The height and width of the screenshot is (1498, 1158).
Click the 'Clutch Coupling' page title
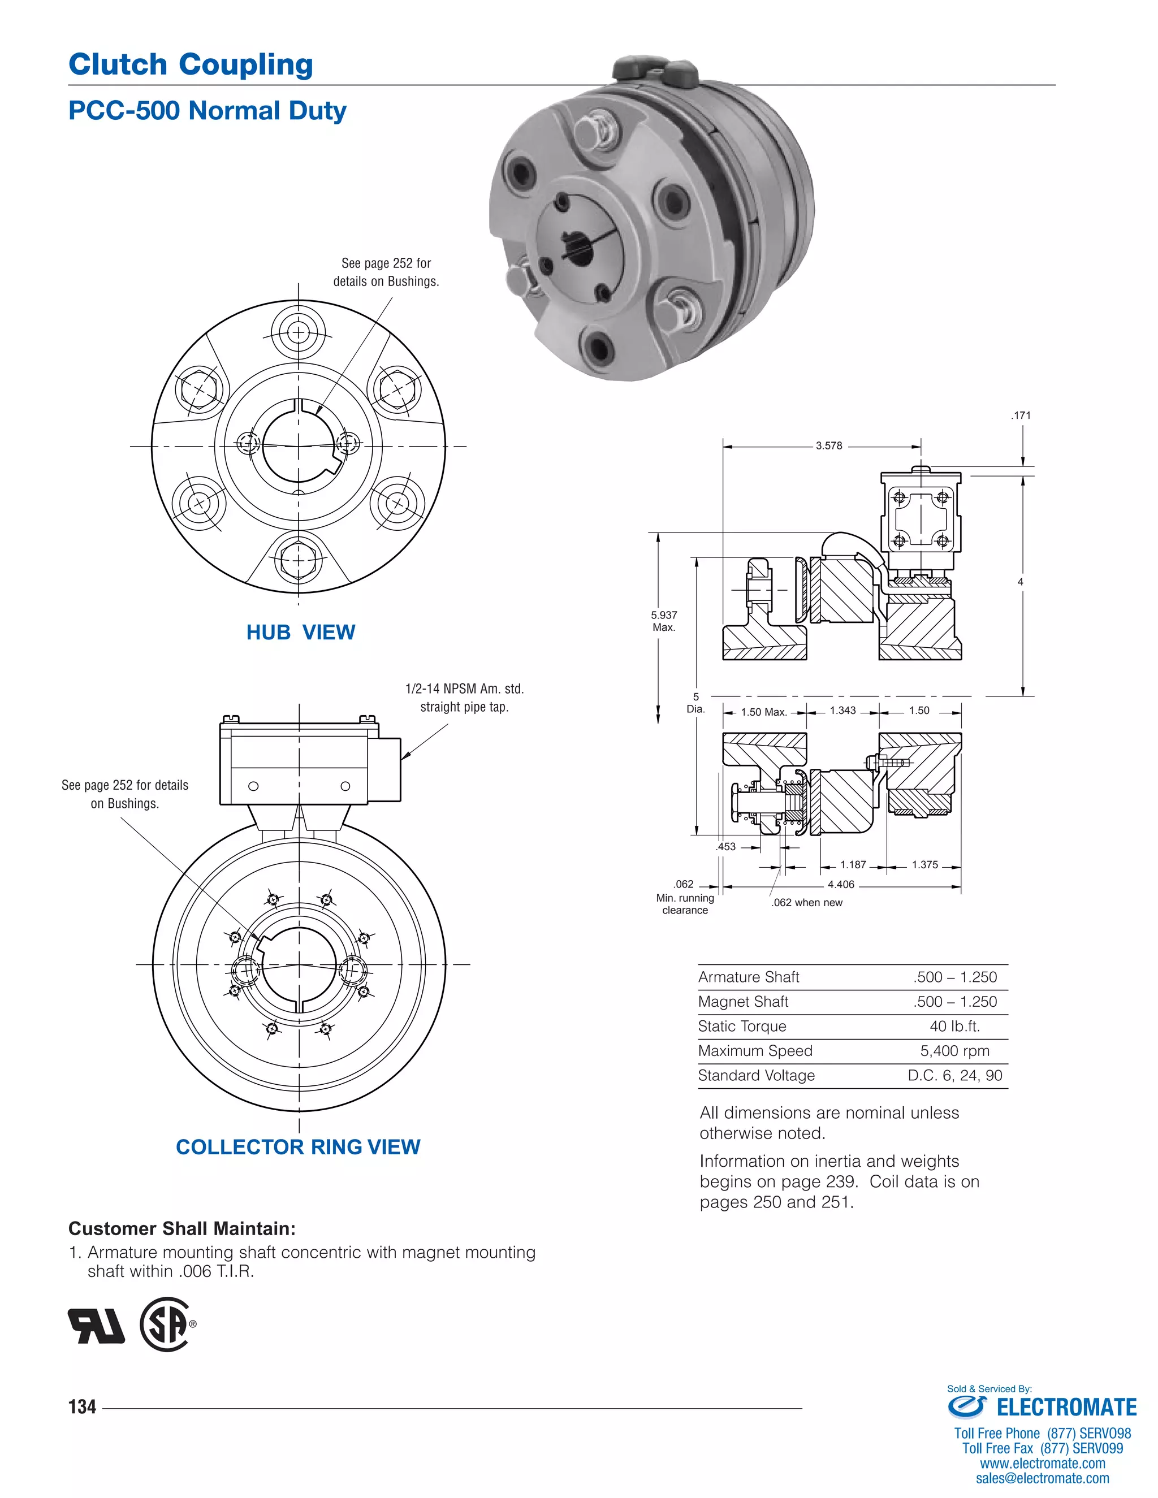tap(191, 64)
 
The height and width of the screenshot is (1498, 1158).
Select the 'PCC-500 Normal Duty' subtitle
tap(207, 110)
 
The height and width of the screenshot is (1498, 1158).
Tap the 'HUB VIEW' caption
tap(300, 632)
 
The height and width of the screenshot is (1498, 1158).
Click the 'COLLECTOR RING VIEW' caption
tap(298, 1147)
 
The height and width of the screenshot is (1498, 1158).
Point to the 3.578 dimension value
tap(829, 446)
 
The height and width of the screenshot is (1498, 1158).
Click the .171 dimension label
tap(1021, 415)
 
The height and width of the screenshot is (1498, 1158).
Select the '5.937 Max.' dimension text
tap(663, 621)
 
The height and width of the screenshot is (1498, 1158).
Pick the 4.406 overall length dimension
tap(840, 885)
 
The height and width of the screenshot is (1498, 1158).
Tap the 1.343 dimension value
tap(842, 711)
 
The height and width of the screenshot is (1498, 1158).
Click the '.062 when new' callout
tap(807, 903)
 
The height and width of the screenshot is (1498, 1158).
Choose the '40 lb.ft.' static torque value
tap(954, 1026)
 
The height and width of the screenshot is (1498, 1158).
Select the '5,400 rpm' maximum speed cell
tap(954, 1051)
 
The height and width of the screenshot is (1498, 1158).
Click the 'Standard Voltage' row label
tap(756, 1076)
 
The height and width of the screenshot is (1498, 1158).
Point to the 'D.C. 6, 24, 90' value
tap(954, 1076)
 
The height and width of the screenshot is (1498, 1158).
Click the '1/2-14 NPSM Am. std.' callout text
tap(464, 689)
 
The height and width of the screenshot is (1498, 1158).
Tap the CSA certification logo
tap(165, 1324)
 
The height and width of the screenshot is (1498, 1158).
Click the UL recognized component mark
tap(96, 1325)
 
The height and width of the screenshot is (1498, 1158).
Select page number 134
tap(83, 1407)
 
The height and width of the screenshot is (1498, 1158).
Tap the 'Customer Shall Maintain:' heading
tap(182, 1228)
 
